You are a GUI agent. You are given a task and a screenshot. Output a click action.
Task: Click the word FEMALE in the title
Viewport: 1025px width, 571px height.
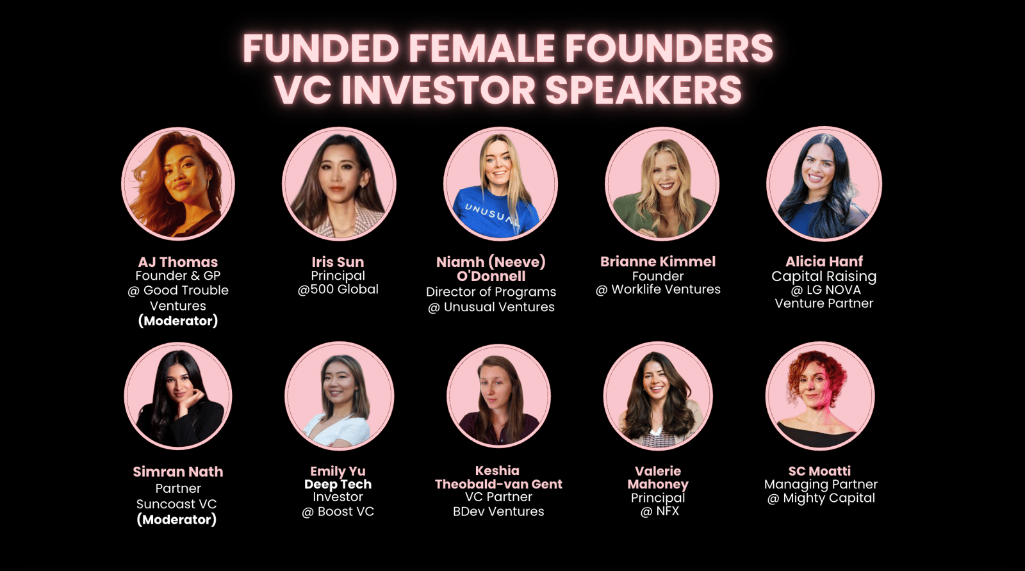point(482,48)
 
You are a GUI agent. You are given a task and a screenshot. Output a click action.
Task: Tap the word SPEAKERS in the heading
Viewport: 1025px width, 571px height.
point(643,90)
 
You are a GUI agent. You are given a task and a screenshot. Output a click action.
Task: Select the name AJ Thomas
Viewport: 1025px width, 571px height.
point(178,262)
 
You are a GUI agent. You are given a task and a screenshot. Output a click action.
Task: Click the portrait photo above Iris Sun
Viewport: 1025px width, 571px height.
point(339,184)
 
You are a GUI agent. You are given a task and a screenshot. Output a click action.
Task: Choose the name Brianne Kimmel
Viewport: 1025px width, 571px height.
point(658,262)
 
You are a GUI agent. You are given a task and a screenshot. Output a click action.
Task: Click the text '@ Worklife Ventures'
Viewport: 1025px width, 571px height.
point(658,289)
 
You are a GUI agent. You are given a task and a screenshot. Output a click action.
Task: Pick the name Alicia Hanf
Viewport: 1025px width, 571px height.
point(824,262)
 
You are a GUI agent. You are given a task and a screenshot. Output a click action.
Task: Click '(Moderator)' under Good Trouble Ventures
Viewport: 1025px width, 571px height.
point(178,321)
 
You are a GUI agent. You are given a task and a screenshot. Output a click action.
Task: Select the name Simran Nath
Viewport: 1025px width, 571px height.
point(178,472)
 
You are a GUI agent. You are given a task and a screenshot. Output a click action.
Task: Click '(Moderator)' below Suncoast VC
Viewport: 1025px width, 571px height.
point(177,520)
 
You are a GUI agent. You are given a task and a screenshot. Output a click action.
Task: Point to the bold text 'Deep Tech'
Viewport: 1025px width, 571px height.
point(338,484)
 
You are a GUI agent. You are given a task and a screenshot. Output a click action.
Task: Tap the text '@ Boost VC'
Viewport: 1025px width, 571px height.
point(338,511)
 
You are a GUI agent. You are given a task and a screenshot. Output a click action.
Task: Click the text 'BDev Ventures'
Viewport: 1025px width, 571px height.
point(498,511)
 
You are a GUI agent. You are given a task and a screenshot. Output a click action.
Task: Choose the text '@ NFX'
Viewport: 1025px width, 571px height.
point(659,511)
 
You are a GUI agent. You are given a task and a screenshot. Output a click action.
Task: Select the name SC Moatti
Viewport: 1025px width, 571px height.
point(819,471)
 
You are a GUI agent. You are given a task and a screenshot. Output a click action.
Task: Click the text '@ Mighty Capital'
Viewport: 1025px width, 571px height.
point(821,498)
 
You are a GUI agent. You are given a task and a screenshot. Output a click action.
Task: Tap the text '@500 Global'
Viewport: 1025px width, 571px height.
point(338,289)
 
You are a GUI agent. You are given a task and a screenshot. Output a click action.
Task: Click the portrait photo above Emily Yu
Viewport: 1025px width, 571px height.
point(339,396)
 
